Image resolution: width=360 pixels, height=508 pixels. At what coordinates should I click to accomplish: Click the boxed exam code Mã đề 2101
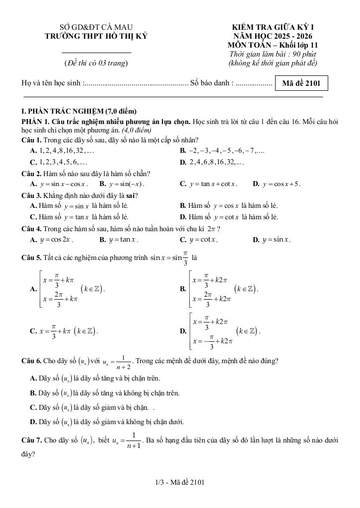pyautogui.click(x=302, y=83)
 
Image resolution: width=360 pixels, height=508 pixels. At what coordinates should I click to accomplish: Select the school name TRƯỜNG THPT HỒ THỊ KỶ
pyautogui.click(x=96, y=36)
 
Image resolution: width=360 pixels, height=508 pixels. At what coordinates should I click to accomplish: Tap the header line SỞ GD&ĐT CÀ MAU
pyautogui.click(x=96, y=27)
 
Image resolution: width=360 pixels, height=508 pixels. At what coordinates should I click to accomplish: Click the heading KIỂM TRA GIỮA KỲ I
pyautogui.click(x=274, y=27)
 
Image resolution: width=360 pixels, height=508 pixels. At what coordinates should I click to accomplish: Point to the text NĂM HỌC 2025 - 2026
pyautogui.click(x=274, y=36)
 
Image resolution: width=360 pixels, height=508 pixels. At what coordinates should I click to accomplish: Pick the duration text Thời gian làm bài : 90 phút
pyautogui.click(x=273, y=54)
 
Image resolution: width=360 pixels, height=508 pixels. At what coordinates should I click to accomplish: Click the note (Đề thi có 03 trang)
pyautogui.click(x=96, y=63)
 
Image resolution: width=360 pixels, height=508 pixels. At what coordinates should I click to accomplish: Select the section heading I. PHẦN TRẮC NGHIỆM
pyautogui.click(x=76, y=111)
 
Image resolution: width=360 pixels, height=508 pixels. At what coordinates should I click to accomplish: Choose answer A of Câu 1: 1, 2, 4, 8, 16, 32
pyautogui.click(x=62, y=150)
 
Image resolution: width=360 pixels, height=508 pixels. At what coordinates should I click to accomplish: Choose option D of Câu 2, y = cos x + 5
pyautogui.click(x=277, y=184)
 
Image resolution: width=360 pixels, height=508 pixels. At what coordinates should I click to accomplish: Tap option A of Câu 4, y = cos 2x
pyautogui.click(x=52, y=240)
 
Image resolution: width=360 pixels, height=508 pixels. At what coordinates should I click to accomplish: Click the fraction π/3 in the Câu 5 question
pyautogui.click(x=185, y=258)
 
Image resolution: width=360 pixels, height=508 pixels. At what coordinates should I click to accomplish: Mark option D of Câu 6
pyautogui.click(x=107, y=422)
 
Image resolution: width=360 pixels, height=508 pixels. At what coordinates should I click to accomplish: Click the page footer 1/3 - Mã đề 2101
pyautogui.click(x=180, y=482)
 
